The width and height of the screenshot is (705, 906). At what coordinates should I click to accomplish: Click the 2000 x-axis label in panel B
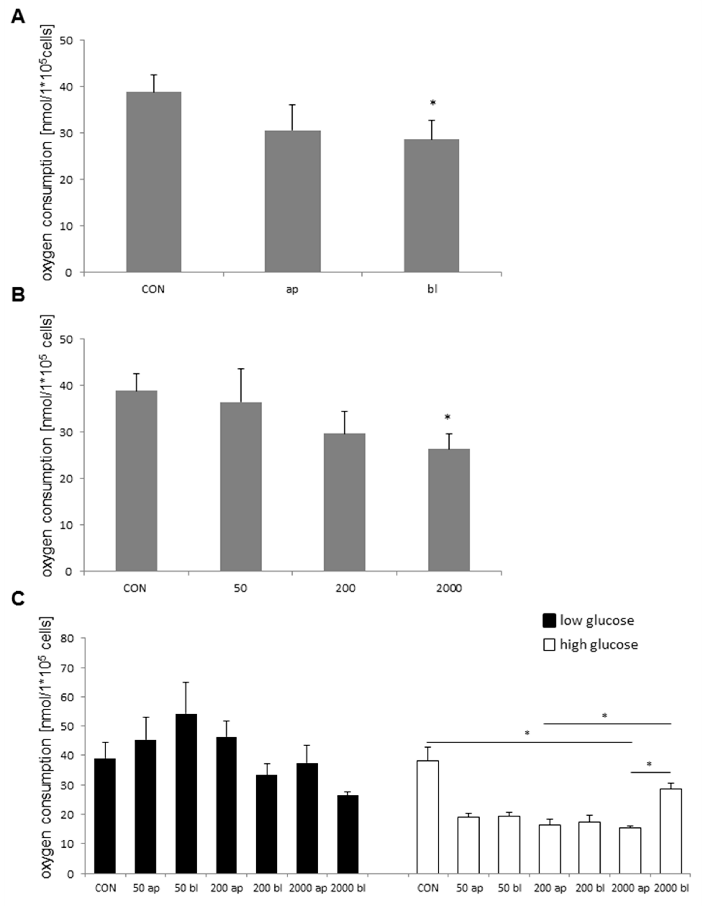tap(449, 588)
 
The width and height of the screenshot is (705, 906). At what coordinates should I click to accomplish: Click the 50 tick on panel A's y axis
tap(73, 40)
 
